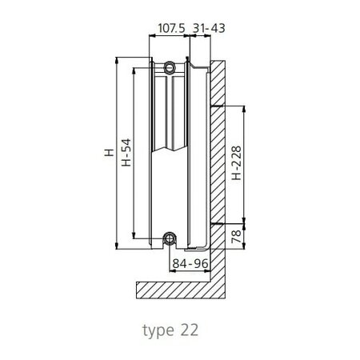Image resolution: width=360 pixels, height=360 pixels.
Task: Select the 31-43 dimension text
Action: point(210,28)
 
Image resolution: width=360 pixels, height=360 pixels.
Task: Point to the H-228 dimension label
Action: point(235,164)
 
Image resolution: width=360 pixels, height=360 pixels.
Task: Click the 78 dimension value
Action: point(235,236)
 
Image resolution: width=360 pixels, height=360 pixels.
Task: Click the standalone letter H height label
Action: point(106,152)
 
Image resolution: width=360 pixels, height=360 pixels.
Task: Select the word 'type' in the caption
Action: point(158,330)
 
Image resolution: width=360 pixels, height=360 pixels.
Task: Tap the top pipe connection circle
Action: point(169,69)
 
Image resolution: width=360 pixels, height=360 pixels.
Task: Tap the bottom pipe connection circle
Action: point(169,238)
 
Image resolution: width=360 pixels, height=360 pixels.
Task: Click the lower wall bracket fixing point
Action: point(215,223)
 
